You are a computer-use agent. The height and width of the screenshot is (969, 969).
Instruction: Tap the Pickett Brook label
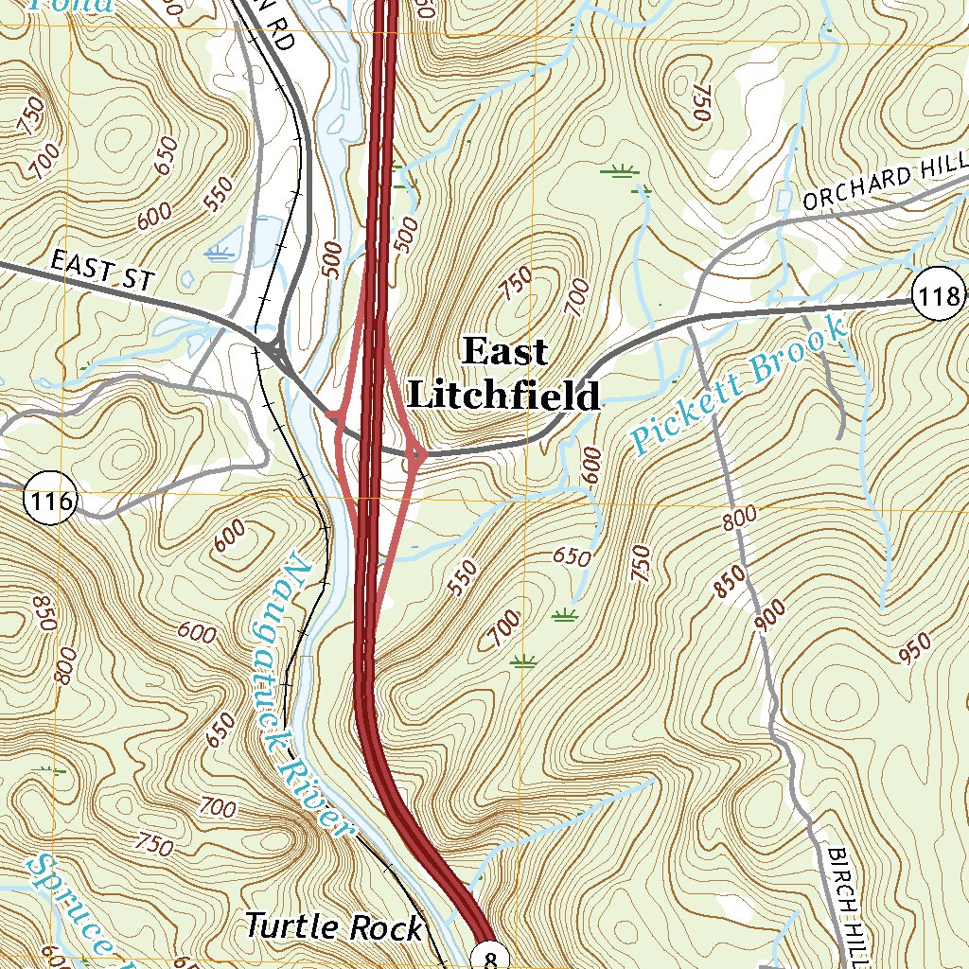pyautogui.click(x=740, y=384)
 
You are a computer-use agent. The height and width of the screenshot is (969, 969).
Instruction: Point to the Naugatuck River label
pyautogui.click(x=299, y=696)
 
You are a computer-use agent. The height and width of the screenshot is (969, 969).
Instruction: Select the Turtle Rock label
pyautogui.click(x=334, y=927)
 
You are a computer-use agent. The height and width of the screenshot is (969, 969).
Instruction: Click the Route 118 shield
pyautogui.click(x=939, y=296)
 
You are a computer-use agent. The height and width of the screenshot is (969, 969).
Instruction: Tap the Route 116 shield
pyautogui.click(x=49, y=501)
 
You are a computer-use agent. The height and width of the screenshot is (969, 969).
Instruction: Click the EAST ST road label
pyautogui.click(x=101, y=269)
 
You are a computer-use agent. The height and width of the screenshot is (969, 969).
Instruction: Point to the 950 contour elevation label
pyautogui.click(x=915, y=649)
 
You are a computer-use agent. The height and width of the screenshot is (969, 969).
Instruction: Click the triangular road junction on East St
pyautogui.click(x=274, y=352)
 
